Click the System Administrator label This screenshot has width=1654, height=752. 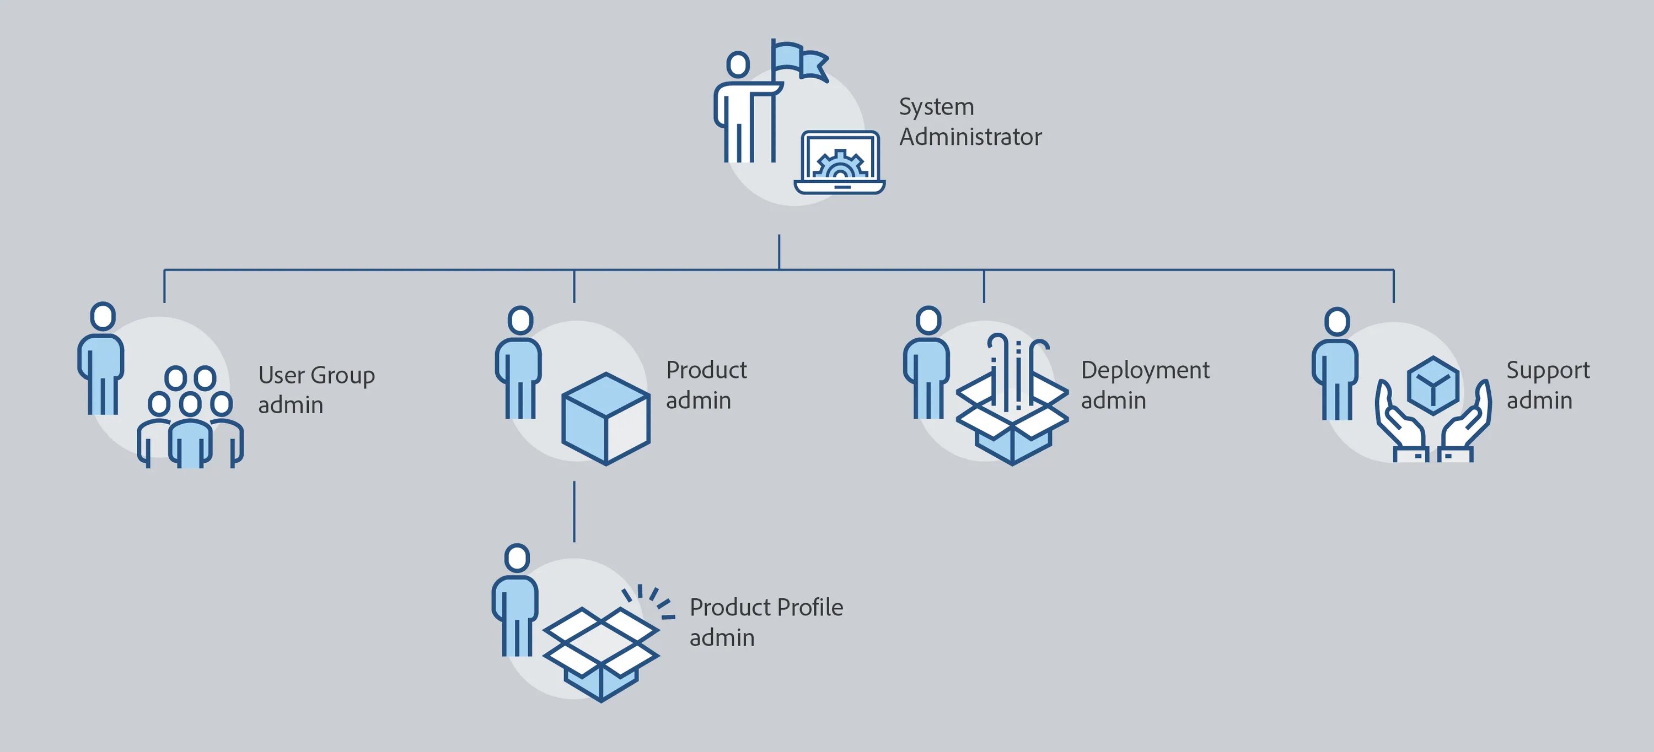(x=970, y=122)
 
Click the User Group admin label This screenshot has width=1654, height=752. (x=316, y=389)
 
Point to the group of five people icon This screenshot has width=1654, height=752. (x=190, y=417)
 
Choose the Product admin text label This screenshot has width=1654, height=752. (x=706, y=385)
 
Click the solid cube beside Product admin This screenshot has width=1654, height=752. (x=605, y=418)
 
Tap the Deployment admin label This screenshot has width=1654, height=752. (x=1145, y=385)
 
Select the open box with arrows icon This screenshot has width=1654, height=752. (x=1012, y=404)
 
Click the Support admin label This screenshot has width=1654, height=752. (x=1548, y=385)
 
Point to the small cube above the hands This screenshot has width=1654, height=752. (x=1432, y=385)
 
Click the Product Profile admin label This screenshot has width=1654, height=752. (x=766, y=622)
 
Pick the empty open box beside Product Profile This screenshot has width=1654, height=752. (x=600, y=651)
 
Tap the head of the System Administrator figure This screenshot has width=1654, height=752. (x=738, y=65)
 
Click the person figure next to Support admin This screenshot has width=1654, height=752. (x=1335, y=366)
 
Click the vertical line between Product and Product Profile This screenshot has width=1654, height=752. (x=574, y=511)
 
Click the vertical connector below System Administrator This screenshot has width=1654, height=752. (x=779, y=252)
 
